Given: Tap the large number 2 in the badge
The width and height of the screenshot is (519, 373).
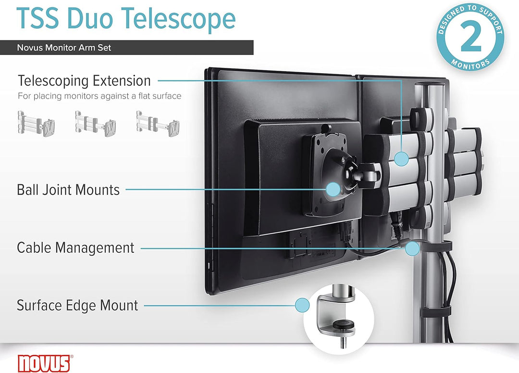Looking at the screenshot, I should (471, 38).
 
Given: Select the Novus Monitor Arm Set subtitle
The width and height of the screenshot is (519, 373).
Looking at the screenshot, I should (64, 48).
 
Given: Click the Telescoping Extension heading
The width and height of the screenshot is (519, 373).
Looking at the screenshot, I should (84, 80).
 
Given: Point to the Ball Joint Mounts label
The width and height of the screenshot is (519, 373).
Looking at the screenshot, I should (68, 190).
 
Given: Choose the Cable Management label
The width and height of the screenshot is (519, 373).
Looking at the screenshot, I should (75, 248).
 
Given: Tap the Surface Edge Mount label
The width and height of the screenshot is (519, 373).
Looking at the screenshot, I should (77, 305).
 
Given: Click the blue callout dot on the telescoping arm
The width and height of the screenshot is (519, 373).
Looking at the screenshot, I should (402, 157).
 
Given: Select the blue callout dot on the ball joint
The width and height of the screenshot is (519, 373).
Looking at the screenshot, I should (333, 189).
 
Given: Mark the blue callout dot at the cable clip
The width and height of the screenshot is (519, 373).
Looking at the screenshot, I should (412, 248).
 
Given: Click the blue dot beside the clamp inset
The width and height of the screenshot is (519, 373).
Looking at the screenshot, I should (302, 304).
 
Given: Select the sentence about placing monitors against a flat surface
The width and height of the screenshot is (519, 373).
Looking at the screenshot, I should (99, 96).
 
